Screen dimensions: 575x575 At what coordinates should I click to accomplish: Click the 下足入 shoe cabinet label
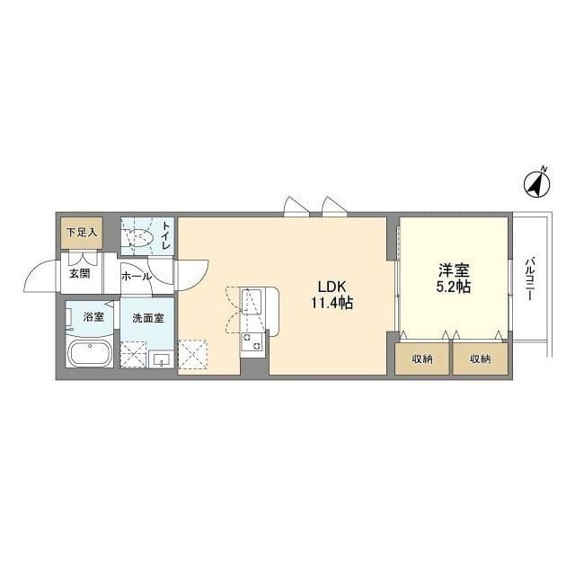(x=82, y=232)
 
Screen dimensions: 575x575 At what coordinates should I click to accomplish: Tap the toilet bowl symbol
(x=138, y=237)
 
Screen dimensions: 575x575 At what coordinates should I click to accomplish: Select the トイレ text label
(x=165, y=235)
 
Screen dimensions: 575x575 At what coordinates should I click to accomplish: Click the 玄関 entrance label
(x=80, y=273)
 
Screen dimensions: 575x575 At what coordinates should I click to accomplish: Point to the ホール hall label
(x=137, y=277)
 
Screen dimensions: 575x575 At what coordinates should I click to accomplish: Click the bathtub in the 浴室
(x=90, y=353)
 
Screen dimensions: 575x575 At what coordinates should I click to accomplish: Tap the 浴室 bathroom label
(x=93, y=317)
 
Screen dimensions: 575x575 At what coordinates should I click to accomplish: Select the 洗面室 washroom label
(x=148, y=318)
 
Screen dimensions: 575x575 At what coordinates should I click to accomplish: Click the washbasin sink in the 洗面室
(x=161, y=359)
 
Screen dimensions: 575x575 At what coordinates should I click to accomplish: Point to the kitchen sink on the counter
(x=252, y=302)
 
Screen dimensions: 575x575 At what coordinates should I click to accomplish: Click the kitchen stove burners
(x=252, y=341)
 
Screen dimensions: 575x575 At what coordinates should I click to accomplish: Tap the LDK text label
(x=332, y=287)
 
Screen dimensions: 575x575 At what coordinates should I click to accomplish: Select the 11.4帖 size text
(x=332, y=303)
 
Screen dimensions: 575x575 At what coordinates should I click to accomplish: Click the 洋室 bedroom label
(x=454, y=270)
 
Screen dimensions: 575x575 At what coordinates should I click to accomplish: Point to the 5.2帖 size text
(x=454, y=287)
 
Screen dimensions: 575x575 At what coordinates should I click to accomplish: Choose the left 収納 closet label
(x=422, y=359)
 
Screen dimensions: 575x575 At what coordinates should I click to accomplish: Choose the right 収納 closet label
(x=481, y=359)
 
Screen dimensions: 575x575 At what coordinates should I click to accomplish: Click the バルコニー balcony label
(x=529, y=279)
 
